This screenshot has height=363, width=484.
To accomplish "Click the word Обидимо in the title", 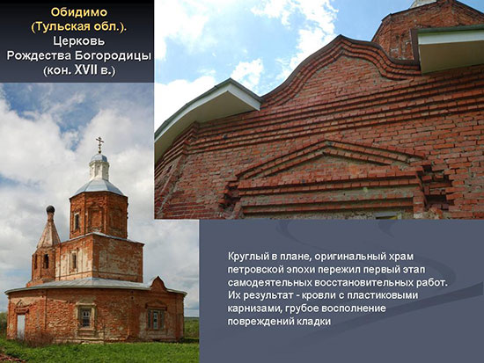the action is coord(79,12).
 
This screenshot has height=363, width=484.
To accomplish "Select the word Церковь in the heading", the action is coord(78,41).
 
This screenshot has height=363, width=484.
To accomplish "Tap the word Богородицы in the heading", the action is coord(113,56).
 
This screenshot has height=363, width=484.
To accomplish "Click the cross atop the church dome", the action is coord(99,145).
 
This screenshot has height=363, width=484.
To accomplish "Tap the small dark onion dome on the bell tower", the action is coord(50,209).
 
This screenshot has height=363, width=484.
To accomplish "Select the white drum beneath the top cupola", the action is coord(99,171).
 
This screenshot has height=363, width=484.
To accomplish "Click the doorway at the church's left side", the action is coord(21,326).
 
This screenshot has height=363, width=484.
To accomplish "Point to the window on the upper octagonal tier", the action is coord(77,221).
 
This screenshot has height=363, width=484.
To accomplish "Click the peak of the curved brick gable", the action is coord(341,36).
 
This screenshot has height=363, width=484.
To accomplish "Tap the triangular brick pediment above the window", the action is coord(327,157).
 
